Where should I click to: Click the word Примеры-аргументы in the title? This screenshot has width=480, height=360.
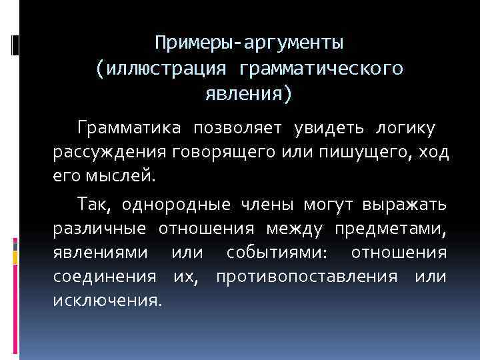pyautogui.click(x=249, y=43)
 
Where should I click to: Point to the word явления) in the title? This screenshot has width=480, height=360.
pyautogui.click(x=249, y=94)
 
